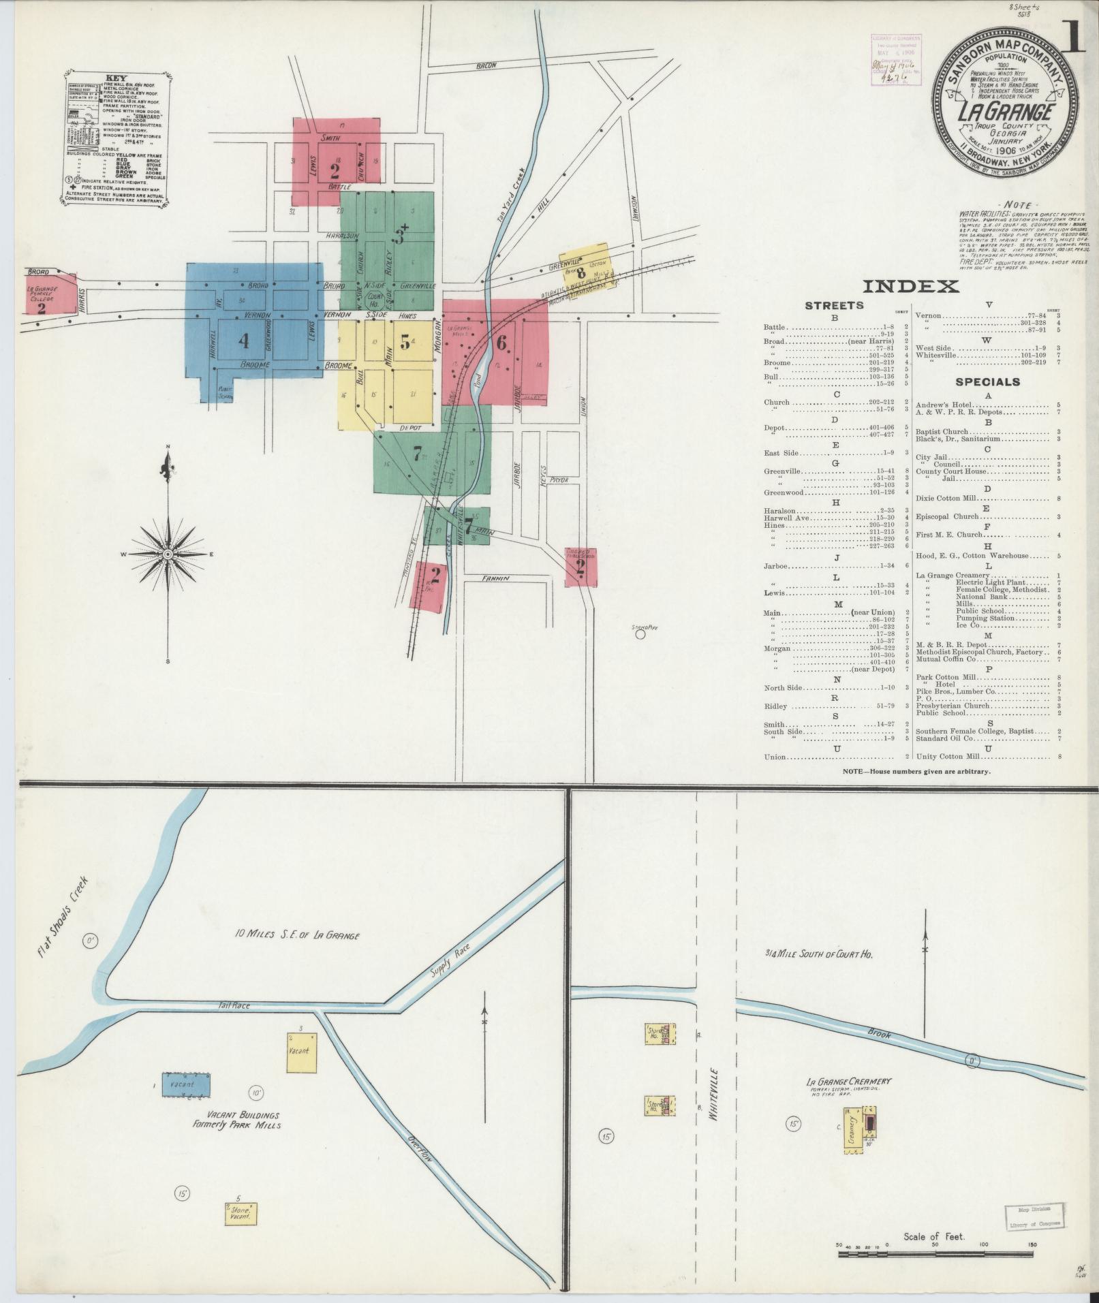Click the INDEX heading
click(910, 286)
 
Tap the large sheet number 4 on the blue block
click(244, 340)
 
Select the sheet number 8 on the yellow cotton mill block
click(581, 274)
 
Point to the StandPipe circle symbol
click(640, 634)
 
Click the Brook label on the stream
click(879, 1033)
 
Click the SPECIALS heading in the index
click(987, 381)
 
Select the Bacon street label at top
click(486, 66)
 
